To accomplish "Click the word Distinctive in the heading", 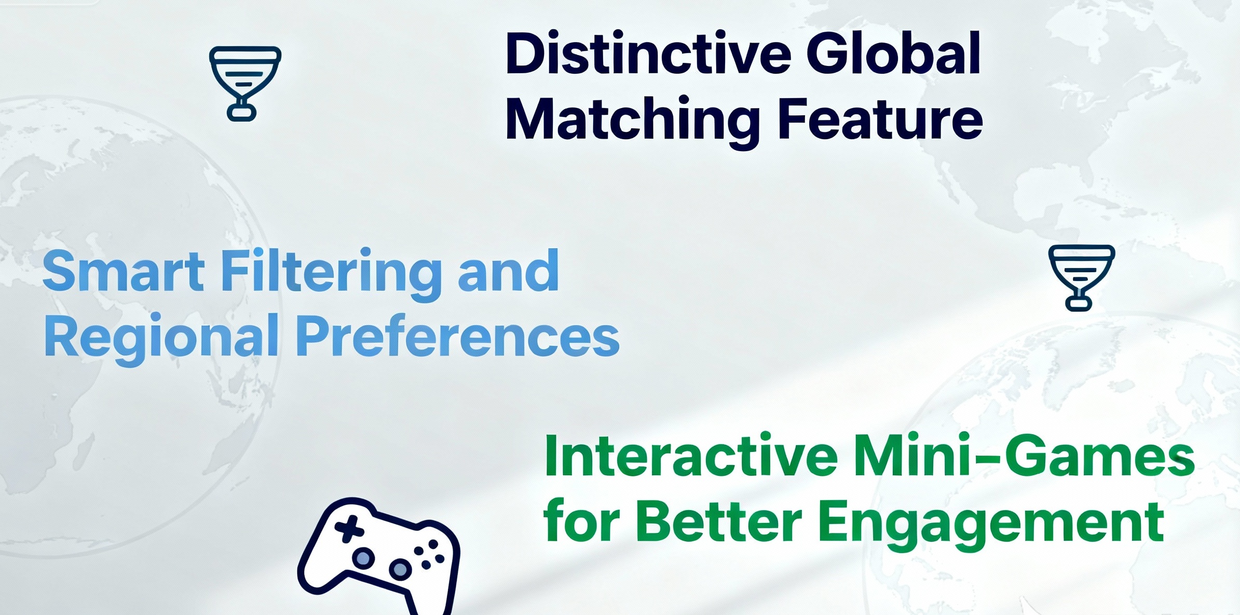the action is [x=648, y=54].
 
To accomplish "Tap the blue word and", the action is [x=508, y=270].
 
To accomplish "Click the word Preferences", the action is [x=458, y=336].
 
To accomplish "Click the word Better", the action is [x=719, y=521].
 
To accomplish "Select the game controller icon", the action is [x=379, y=556].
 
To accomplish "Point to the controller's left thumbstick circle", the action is [x=363, y=558].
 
